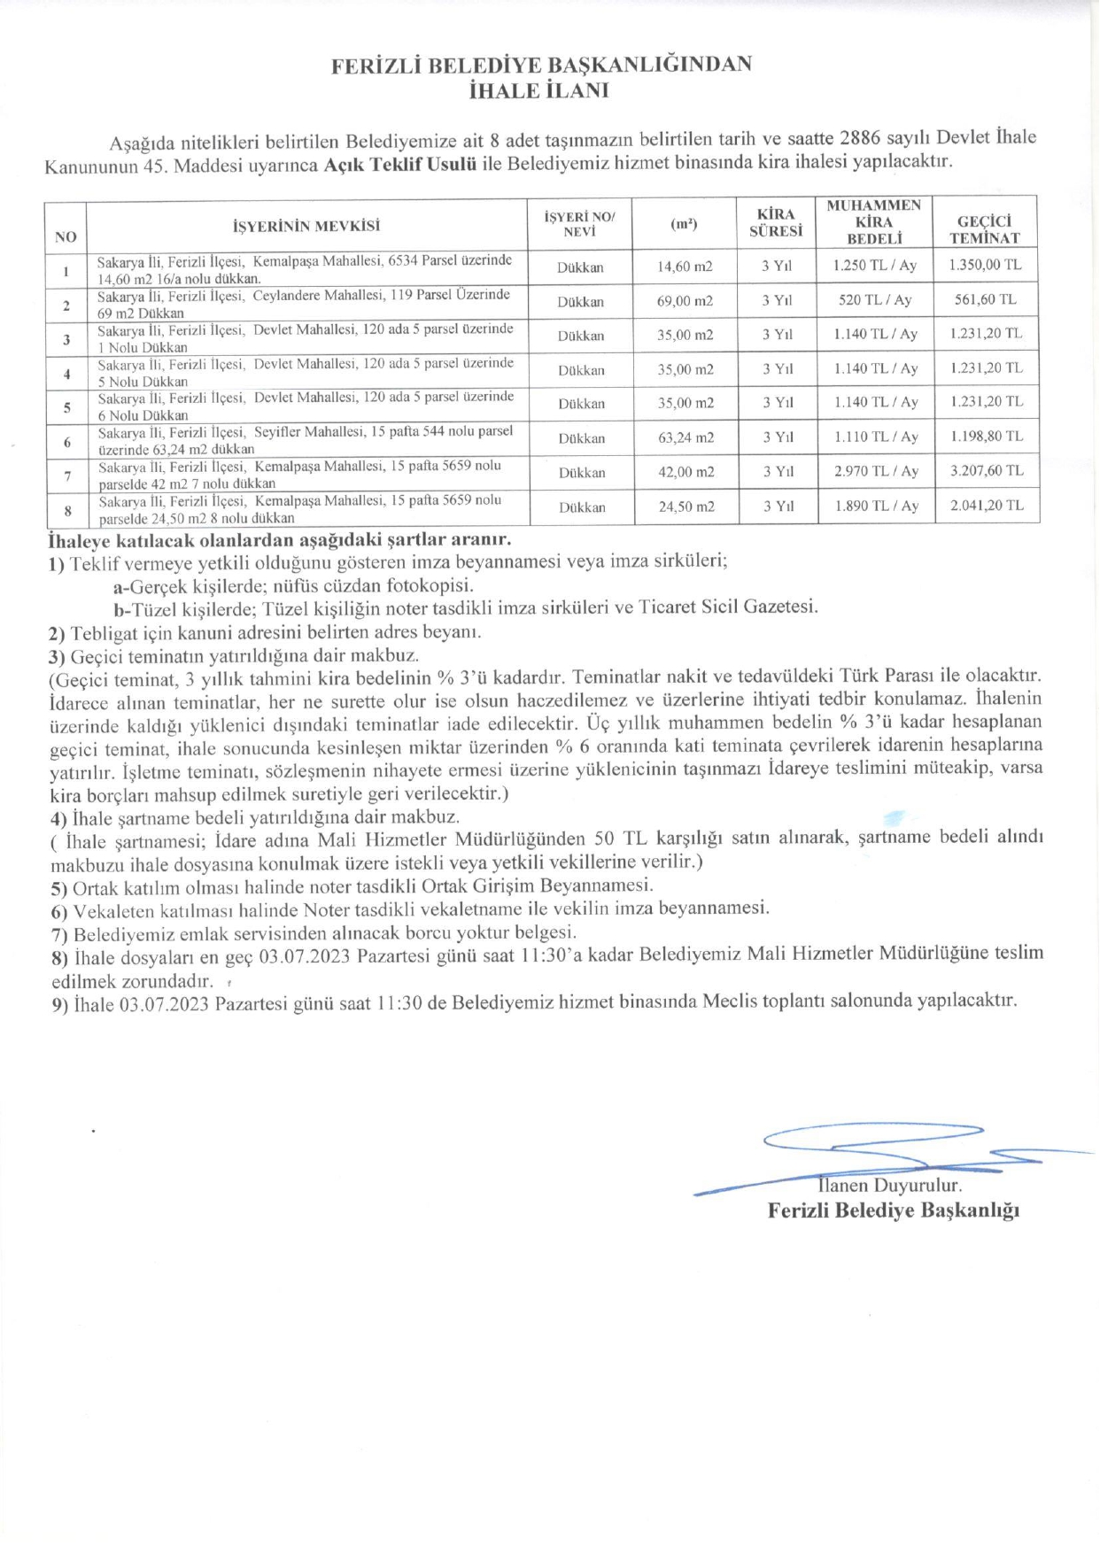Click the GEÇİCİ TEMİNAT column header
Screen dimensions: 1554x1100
984,229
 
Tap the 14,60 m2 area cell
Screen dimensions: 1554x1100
685,267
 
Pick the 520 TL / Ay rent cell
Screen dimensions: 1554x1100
875,300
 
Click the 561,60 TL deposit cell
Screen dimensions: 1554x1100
985,299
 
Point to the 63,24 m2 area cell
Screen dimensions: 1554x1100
685,437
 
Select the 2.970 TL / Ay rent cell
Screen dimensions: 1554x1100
875,471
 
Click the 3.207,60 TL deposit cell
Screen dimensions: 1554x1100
986,471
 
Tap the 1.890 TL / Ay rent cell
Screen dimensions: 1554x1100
875,506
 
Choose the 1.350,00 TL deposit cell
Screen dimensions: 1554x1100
985,265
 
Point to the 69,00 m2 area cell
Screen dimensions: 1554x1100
685,301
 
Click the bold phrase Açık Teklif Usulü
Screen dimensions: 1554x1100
400,164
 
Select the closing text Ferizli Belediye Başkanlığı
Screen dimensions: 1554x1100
893,1210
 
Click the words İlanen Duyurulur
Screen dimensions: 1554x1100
890,1186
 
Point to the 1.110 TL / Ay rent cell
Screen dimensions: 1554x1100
875,437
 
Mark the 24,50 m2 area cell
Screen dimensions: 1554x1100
685,506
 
